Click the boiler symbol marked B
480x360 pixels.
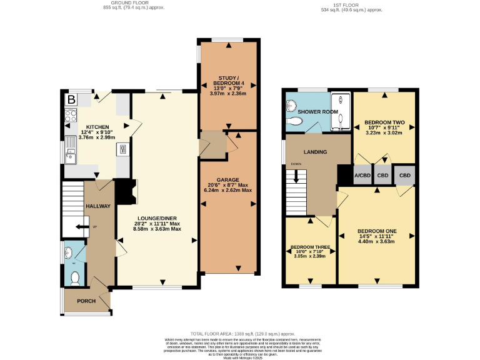pyautogui.click(x=71, y=99)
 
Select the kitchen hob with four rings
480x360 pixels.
pyautogui.click(x=70, y=116)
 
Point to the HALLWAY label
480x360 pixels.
pyautogui.click(x=98, y=206)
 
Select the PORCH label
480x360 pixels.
pyautogui.click(x=86, y=301)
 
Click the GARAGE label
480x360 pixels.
pyautogui.click(x=227, y=179)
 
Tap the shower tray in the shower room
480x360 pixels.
pyautogui.click(x=340, y=112)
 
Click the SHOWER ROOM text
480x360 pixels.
pyautogui.click(x=317, y=112)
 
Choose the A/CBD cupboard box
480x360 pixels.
pyautogui.click(x=362, y=176)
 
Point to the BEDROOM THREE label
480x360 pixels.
pyautogui.click(x=309, y=247)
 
